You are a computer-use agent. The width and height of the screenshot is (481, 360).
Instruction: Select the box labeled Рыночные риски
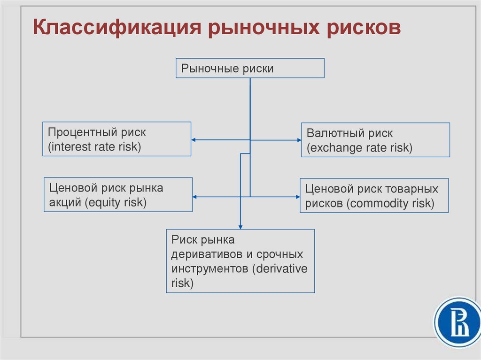pyautogui.click(x=250, y=68)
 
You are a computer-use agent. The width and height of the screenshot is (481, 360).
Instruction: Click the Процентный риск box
pyautogui.click(x=117, y=139)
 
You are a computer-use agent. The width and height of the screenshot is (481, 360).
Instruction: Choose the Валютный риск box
pyautogui.click(x=375, y=140)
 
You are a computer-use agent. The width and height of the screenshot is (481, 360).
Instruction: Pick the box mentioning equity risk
pyautogui.click(x=118, y=195)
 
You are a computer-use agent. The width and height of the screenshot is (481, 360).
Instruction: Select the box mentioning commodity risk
pyautogui.click(x=374, y=196)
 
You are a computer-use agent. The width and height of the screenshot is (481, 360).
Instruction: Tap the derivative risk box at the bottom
pyautogui.click(x=240, y=261)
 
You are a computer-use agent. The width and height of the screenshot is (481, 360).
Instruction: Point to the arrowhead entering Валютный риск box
pyautogui.click(x=299, y=140)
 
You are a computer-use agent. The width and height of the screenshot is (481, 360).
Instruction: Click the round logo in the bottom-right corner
pyautogui.click(x=457, y=323)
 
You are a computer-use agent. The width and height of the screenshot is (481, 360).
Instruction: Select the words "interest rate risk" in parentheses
pyautogui.click(x=94, y=146)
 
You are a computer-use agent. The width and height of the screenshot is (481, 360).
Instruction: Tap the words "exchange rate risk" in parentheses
pyautogui.click(x=360, y=148)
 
